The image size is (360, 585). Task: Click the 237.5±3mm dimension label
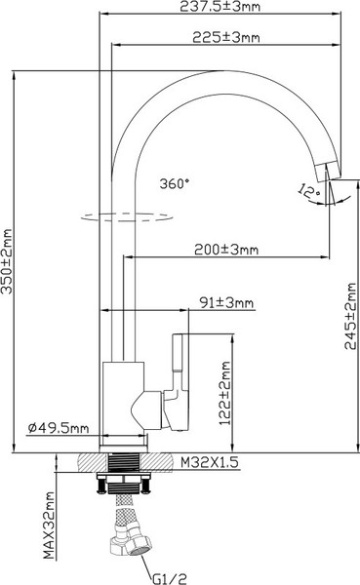tap(220, 7)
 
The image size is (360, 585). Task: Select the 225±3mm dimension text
tap(226, 37)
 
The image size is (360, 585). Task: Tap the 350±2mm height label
tap(7, 261)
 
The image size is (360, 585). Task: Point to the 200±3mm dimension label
tap(226, 250)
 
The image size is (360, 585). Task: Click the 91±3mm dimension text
tap(226, 302)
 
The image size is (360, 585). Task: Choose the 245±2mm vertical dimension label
tap(350, 316)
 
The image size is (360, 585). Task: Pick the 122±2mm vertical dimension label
tap(225, 393)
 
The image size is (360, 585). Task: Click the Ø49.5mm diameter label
tap(59, 428)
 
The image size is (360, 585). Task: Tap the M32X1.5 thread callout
tap(210, 462)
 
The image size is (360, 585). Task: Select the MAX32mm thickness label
tap(49, 526)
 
